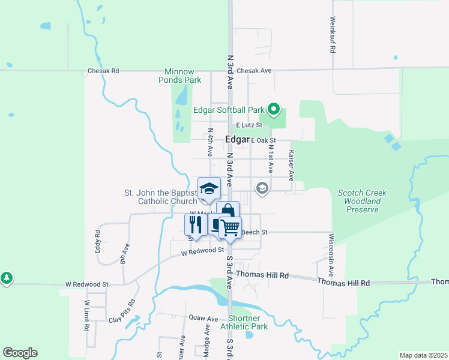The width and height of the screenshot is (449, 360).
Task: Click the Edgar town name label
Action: pos(237,139)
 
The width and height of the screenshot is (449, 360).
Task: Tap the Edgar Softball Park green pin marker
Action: pos(274,109)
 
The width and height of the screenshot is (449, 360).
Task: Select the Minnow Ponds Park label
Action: pos(179,75)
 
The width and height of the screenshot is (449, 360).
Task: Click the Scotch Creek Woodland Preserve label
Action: pos(362,201)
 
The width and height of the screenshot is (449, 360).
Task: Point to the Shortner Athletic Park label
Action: pos(244,322)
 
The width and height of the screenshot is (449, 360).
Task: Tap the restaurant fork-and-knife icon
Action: pos(194,224)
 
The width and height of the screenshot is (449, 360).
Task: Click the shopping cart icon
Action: pos(229,227)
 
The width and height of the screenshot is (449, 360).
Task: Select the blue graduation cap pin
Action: pos(209,188)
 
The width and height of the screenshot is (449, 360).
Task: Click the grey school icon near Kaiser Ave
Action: pos(262,188)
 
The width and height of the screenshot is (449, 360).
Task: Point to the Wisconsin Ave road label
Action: pos(331,247)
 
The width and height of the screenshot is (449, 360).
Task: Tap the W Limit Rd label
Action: pos(87,317)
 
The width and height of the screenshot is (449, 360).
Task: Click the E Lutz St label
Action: pos(250,125)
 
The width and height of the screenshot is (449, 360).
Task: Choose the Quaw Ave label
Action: pos(203,318)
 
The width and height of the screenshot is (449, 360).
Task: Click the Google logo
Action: pos(20,353)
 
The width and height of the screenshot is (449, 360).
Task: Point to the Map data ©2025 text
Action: pos(423,355)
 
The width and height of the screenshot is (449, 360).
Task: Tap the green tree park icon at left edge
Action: pos(6,278)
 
